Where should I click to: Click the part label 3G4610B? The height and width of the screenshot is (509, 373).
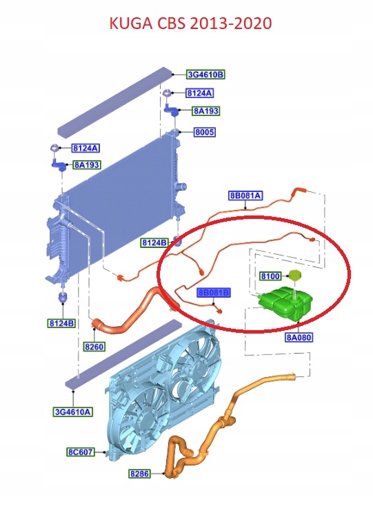click(205, 75)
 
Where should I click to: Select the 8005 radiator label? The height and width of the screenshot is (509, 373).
click(205, 132)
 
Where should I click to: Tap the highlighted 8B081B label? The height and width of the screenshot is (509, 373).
click(214, 293)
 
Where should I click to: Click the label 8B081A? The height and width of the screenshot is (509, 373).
click(245, 195)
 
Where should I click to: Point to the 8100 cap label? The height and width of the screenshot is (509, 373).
click(270, 276)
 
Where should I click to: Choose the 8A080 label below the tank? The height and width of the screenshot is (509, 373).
click(299, 337)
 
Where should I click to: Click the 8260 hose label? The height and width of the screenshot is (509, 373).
click(94, 347)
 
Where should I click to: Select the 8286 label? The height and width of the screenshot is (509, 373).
click(140, 474)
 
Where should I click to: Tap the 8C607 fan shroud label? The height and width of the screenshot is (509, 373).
click(81, 452)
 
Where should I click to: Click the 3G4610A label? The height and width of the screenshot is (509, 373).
click(73, 412)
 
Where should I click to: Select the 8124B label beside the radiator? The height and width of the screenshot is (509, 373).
click(154, 242)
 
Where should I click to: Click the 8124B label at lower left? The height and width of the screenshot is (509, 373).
click(61, 323)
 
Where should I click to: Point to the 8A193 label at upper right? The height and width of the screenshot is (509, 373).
click(205, 111)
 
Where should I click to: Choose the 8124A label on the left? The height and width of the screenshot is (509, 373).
click(85, 148)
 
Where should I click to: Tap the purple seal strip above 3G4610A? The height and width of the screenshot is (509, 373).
click(124, 354)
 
